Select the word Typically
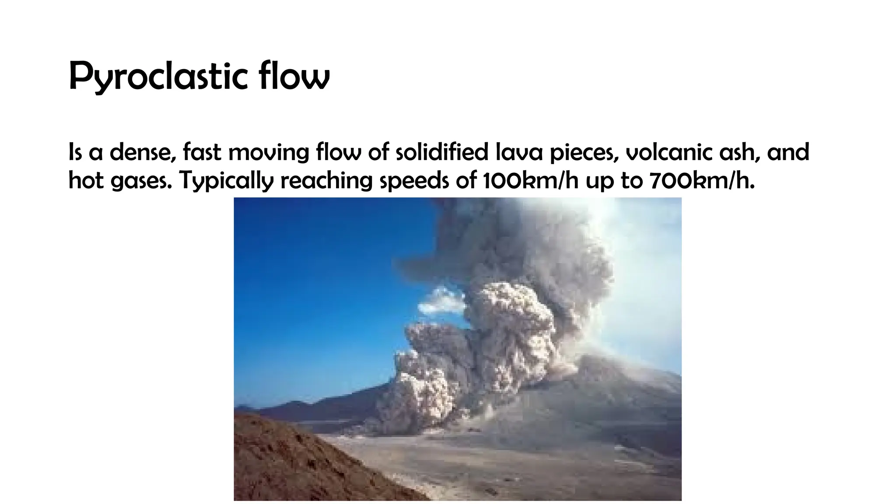[x=226, y=180]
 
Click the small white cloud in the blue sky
[x=442, y=302]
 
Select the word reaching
[x=326, y=180]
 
